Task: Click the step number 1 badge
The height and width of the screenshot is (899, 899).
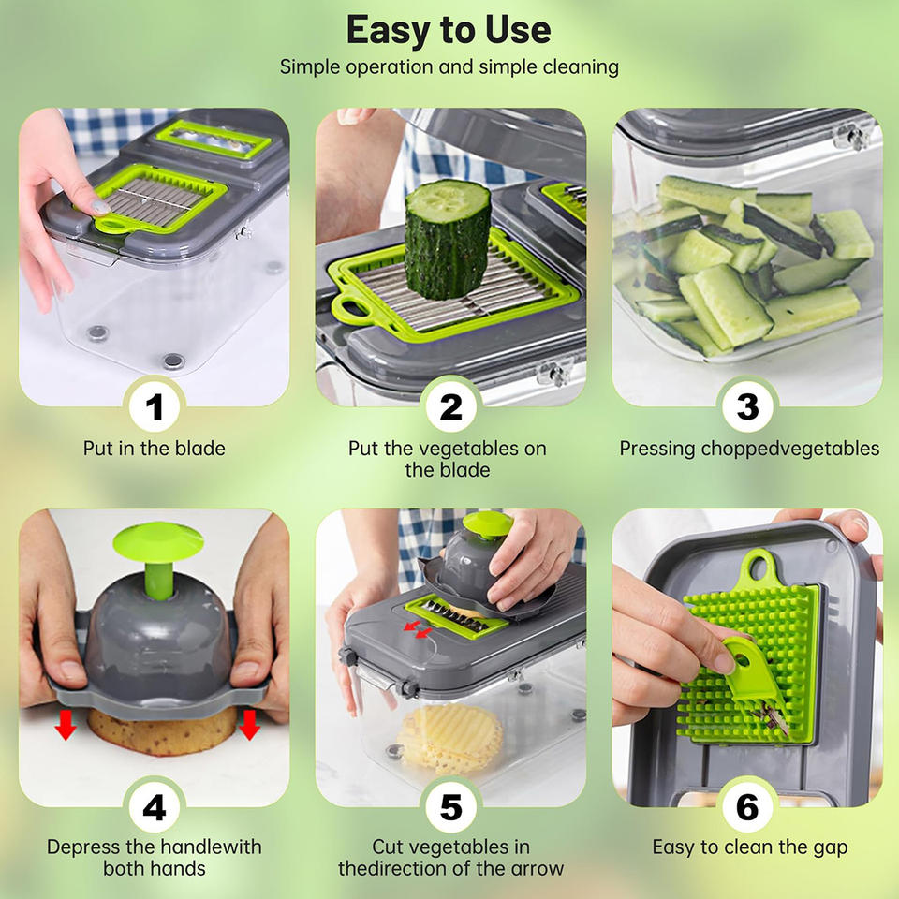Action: click(x=155, y=407)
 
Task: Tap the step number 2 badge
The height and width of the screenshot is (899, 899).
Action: click(x=450, y=407)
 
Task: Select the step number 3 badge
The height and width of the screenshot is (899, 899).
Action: click(x=747, y=407)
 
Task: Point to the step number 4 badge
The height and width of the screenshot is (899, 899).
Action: click(x=155, y=808)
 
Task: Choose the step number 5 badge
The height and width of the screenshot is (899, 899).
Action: click(x=450, y=808)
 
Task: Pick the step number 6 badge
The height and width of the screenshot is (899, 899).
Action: click(x=747, y=808)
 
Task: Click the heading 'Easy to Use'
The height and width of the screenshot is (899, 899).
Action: click(x=449, y=30)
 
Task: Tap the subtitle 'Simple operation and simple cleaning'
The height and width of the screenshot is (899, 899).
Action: click(x=449, y=67)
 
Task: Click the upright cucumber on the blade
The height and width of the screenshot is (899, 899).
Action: click(x=448, y=239)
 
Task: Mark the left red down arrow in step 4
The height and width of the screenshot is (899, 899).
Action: click(x=66, y=724)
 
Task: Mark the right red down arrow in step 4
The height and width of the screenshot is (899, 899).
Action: click(x=249, y=724)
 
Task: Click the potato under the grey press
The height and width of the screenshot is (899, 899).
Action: click(x=162, y=732)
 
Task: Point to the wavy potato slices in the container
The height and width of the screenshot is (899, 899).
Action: click(x=451, y=739)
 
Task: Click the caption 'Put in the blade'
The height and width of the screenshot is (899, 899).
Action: click(x=155, y=449)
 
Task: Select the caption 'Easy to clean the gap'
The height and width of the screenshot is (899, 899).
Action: click(x=750, y=847)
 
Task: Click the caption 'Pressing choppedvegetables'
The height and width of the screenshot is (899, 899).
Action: click(x=749, y=449)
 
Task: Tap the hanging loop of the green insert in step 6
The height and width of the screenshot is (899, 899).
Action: click(x=758, y=565)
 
